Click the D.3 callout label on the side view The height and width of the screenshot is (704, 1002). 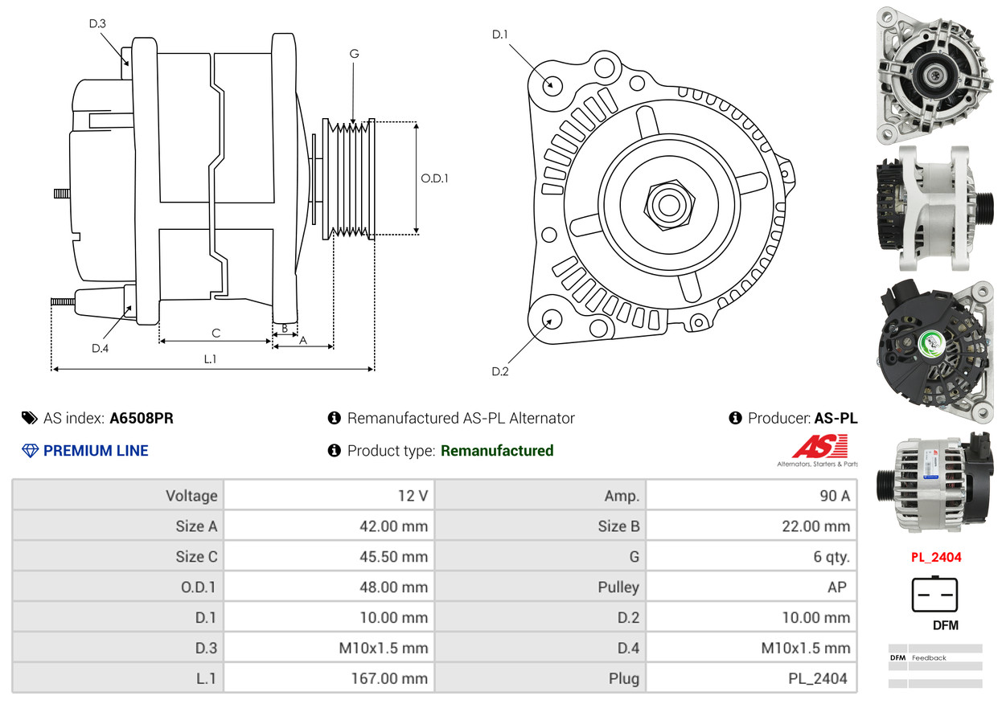(97, 23)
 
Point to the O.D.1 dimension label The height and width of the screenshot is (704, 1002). (434, 178)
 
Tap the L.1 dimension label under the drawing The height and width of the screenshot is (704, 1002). (210, 359)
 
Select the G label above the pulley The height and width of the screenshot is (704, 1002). (354, 54)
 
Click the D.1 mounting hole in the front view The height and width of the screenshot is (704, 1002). (552, 84)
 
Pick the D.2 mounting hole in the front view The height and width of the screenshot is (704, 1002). (551, 320)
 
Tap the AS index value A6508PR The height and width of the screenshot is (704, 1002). (142, 418)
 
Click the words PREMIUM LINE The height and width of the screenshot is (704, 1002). (96, 451)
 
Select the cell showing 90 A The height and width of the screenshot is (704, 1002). (834, 496)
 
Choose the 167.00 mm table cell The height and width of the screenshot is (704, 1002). (389, 678)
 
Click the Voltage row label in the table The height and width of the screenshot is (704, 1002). (191, 496)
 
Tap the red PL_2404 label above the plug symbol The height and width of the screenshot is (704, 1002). (935, 557)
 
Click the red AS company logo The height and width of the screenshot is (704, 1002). (819, 447)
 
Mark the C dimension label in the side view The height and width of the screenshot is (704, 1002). (216, 333)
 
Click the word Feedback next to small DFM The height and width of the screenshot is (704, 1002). (929, 658)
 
